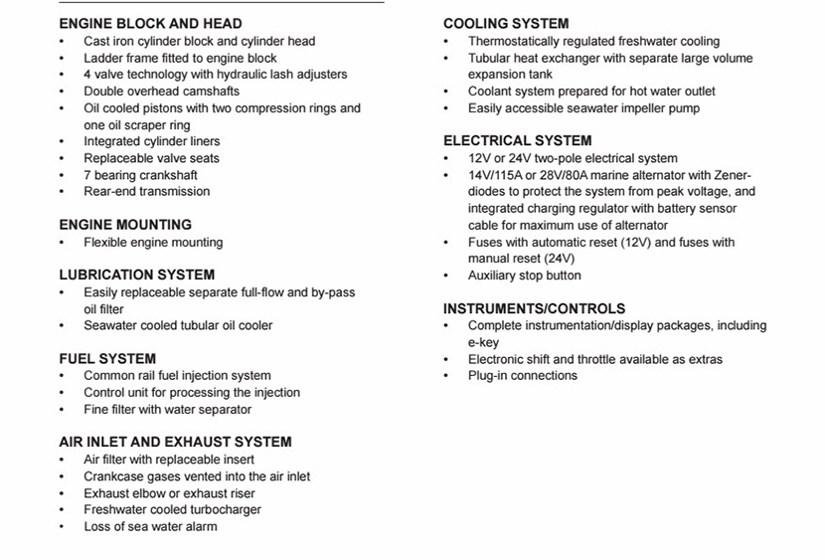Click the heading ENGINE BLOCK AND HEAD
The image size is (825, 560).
pos(150,23)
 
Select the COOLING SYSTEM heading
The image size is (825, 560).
pos(506,23)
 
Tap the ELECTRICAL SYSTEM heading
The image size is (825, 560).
pos(517,140)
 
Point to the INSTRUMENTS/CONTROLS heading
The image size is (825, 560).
pos(534,308)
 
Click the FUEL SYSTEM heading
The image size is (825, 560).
pos(107,358)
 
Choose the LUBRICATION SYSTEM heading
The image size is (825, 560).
pos(136,275)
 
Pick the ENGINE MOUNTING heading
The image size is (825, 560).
pos(125,225)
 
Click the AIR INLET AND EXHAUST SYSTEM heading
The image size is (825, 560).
pos(175,442)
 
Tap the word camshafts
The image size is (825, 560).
pos(208,92)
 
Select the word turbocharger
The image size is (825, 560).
pos(223,509)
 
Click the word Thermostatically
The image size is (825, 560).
pos(516,41)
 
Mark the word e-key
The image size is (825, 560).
pos(483,342)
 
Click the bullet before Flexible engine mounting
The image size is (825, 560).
pos(62,243)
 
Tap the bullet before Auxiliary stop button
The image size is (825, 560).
pos(446,276)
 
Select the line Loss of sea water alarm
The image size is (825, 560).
pos(150,526)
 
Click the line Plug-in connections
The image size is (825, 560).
pos(522,375)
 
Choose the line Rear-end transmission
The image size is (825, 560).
pos(146,191)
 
